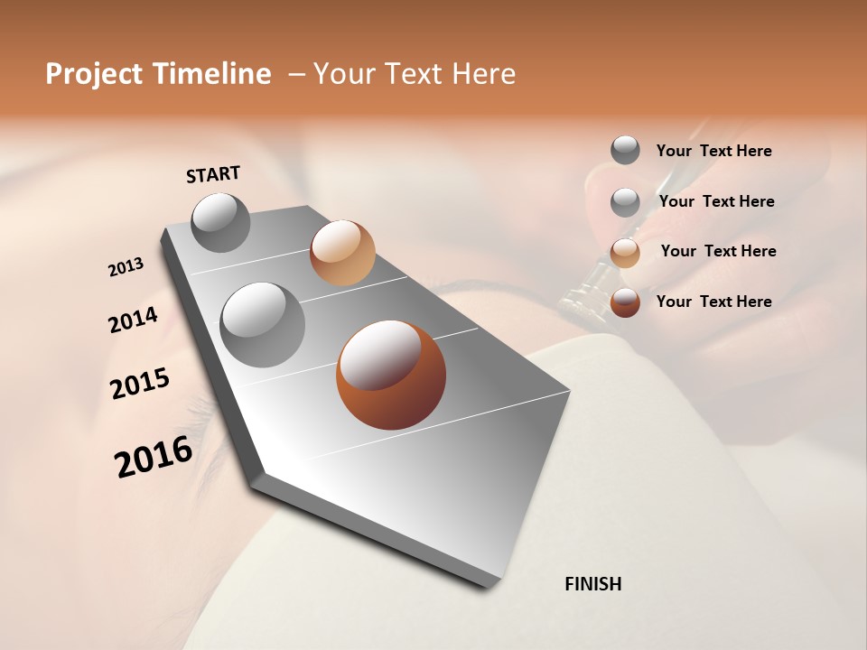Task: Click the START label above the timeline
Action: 213,174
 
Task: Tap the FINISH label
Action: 592,584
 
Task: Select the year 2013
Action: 126,267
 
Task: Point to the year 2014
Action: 133,320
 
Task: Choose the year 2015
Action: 140,384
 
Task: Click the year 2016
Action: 154,456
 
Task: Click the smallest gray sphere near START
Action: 220,223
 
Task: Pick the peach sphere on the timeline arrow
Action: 342,253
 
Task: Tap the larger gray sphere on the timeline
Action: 263,325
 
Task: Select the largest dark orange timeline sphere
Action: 391,375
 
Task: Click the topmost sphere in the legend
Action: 625,150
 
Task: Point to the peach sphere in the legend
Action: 625,252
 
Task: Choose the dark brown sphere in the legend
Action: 625,302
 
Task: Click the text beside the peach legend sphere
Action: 718,251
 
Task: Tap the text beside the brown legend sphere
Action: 713,302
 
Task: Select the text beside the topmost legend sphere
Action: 713,151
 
